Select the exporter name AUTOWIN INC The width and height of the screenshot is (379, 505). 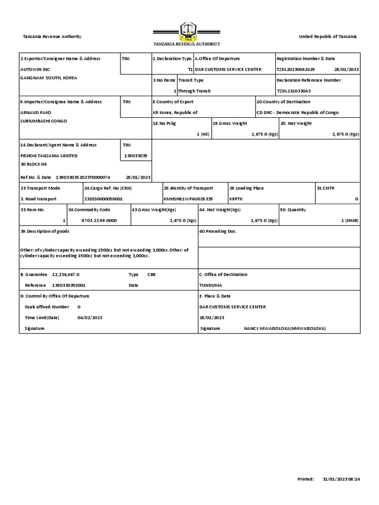click(35, 70)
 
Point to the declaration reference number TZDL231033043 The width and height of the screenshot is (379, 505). click(294, 91)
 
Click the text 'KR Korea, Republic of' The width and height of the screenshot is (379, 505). click(175, 113)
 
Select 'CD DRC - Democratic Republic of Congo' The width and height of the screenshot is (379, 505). click(298, 113)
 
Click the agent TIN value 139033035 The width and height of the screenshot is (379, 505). click(136, 156)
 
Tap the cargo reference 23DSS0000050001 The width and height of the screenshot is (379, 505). click(104, 199)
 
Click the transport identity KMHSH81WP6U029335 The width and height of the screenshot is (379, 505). click(188, 199)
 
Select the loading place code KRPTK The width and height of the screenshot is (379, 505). click(236, 199)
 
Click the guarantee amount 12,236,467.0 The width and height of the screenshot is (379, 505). click(65, 275)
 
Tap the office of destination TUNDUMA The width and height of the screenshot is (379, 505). click(211, 286)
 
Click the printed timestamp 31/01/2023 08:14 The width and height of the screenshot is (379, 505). click(341, 479)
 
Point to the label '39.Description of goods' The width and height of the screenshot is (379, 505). click(45, 232)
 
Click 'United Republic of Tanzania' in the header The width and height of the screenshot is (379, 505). click(328, 37)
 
